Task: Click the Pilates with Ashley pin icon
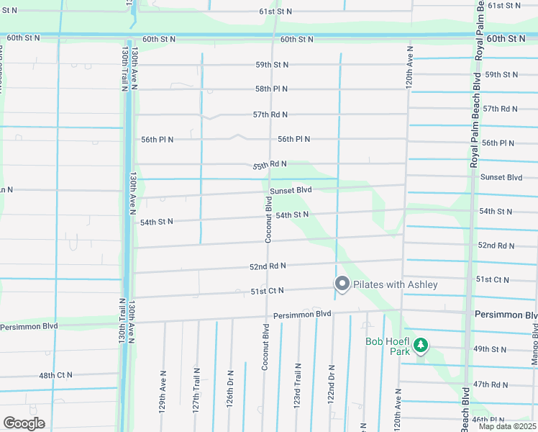pyautogui.click(x=342, y=284)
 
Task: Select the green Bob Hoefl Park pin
pyautogui.click(x=421, y=347)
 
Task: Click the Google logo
pyautogui.click(x=24, y=423)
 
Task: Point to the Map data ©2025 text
pyautogui.click(x=507, y=426)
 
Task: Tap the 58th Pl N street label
pyautogui.click(x=271, y=89)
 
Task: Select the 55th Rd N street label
pyautogui.click(x=270, y=165)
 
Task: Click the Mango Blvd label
pyautogui.click(x=534, y=342)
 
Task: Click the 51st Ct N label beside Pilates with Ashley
pyautogui.click(x=267, y=290)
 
